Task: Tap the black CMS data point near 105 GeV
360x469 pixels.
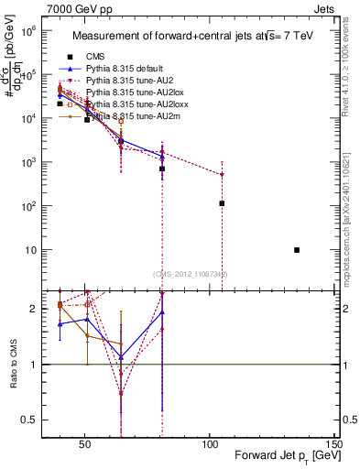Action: pos(222,203)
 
